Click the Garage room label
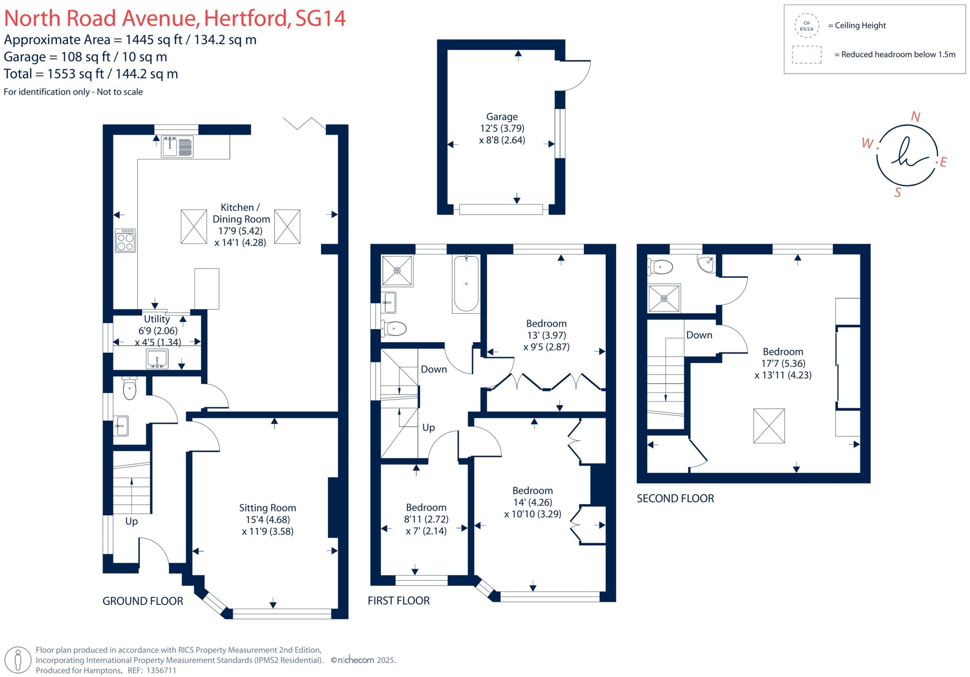pyautogui.click(x=502, y=117)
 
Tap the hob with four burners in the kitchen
pyautogui.click(x=126, y=241)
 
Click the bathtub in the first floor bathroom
pyautogui.click(x=467, y=284)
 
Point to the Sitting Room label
pyautogui.click(x=267, y=508)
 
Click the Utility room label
pyautogui.click(x=157, y=319)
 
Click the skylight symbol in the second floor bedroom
pyautogui.click(x=769, y=426)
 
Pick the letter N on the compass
pyautogui.click(x=916, y=117)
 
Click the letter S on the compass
pyautogui.click(x=897, y=192)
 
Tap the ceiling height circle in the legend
pyautogui.click(x=806, y=26)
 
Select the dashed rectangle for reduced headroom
pyautogui.click(x=807, y=55)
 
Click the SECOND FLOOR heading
pyautogui.click(x=675, y=498)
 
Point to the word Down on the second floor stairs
pyautogui.click(x=699, y=335)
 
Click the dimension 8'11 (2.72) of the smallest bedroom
pyautogui.click(x=426, y=519)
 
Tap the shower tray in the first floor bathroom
pyautogui.click(x=397, y=271)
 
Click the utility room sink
pyautogui.click(x=156, y=358)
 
